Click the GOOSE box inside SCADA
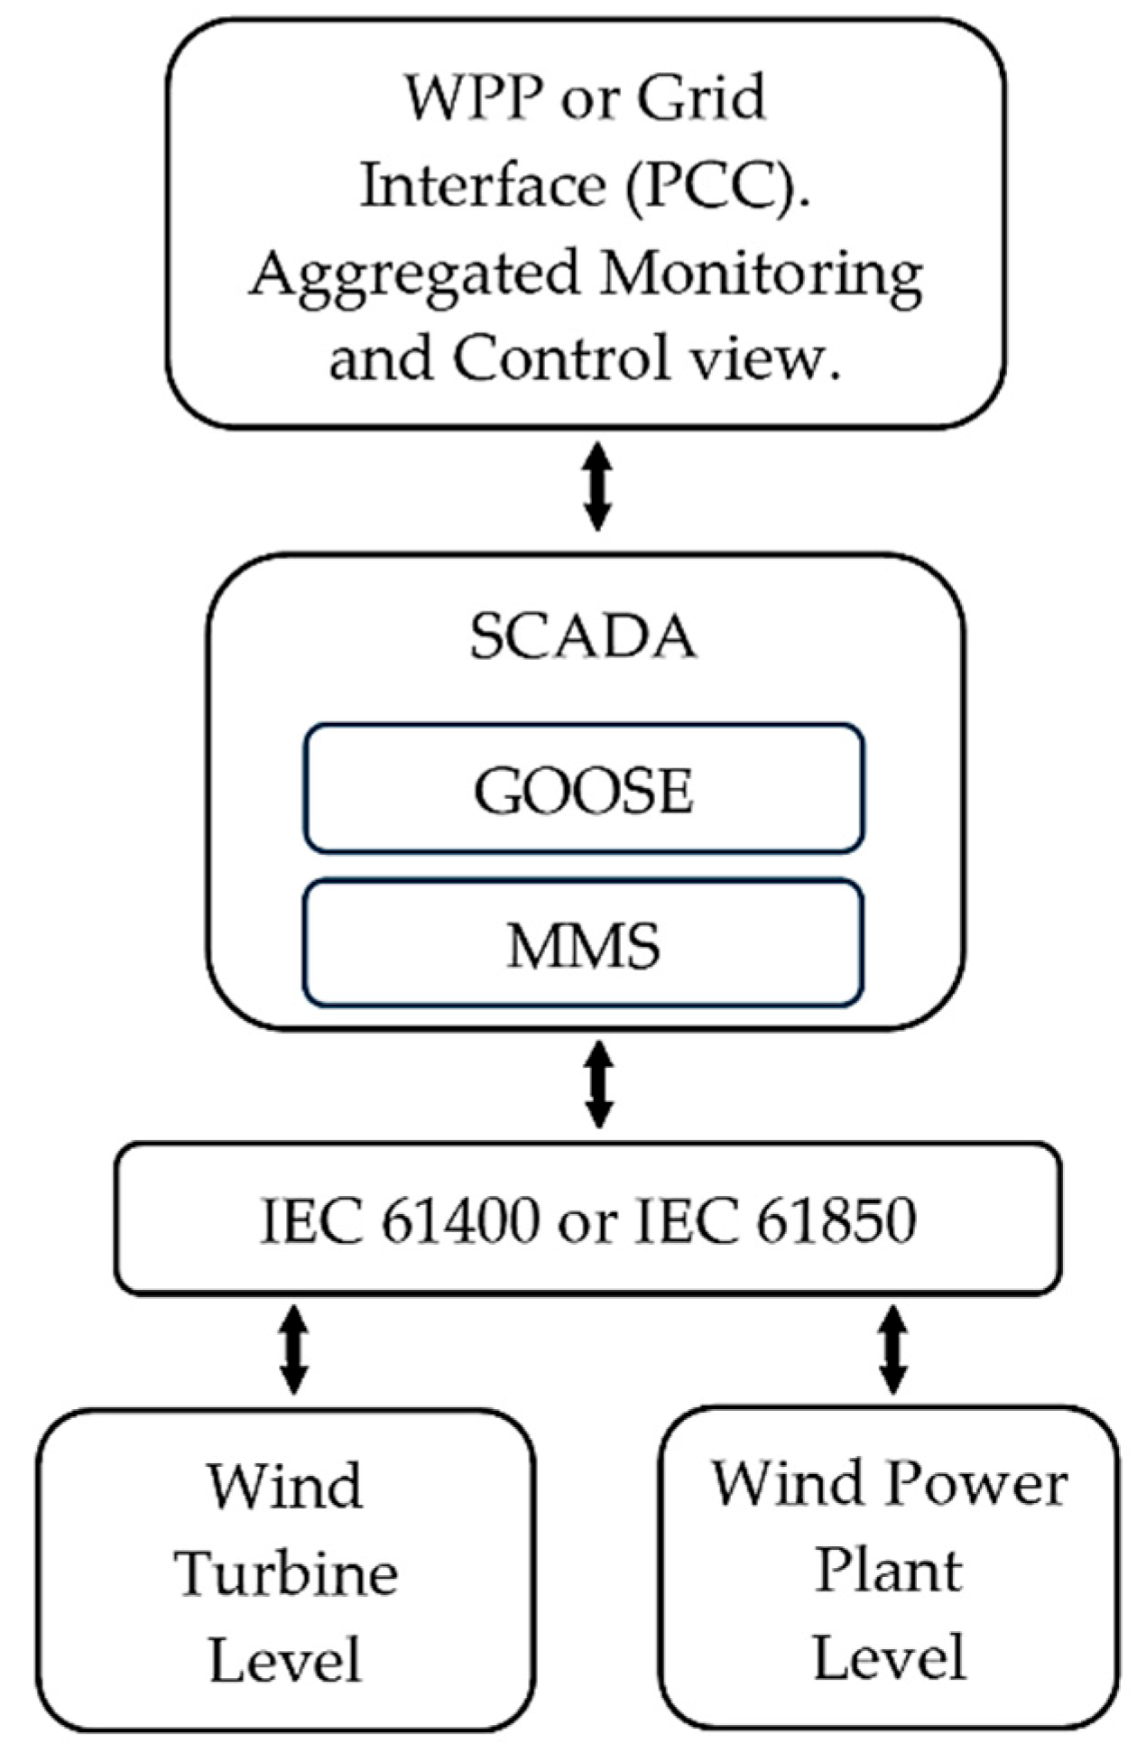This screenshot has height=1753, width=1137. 584,790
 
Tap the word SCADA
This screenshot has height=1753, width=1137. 584,637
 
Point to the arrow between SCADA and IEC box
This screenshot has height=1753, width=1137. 599,1084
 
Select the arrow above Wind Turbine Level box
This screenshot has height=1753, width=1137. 294,1350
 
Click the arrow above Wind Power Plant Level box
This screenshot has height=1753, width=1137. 893,1350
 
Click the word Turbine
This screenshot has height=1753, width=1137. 286,1574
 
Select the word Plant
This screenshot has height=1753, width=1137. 889,1571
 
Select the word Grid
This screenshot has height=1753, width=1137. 702,98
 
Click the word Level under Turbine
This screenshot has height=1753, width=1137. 286,1661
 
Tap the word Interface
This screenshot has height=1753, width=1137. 483,186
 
